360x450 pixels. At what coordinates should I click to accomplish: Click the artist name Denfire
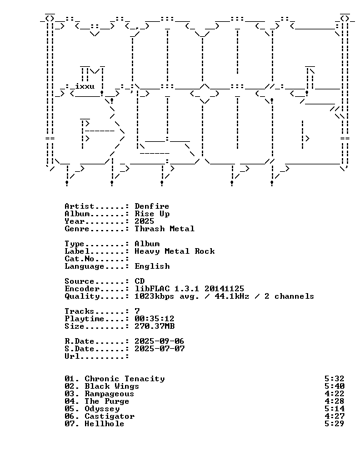tap(152, 206)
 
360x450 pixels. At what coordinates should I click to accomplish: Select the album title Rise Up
tap(152, 214)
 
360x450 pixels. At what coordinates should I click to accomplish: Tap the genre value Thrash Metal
tap(164, 229)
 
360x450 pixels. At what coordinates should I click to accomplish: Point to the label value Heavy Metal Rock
tap(174, 251)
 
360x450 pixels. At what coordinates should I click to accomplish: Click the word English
tap(152, 266)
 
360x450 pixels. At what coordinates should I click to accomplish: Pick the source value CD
tap(139, 281)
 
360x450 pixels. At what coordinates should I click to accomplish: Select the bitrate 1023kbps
tap(154, 296)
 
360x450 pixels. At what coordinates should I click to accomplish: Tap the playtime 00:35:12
tap(154, 319)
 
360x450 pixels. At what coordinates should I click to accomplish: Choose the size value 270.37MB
tap(154, 326)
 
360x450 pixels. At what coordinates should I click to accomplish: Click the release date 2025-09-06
tap(159, 341)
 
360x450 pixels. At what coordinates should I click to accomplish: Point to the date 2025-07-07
tap(159, 348)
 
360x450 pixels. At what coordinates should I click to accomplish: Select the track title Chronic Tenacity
tap(124, 379)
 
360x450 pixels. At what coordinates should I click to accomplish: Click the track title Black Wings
tap(112, 386)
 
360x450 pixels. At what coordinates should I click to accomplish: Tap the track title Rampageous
tap(109, 394)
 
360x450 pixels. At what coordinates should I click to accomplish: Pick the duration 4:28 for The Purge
tap(334, 401)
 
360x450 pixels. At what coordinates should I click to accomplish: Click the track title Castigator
tap(109, 416)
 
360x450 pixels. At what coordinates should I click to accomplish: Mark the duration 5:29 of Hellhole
tap(334, 424)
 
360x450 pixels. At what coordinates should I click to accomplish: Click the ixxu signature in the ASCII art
tap(85, 86)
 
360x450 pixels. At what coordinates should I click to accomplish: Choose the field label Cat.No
tap(79, 259)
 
